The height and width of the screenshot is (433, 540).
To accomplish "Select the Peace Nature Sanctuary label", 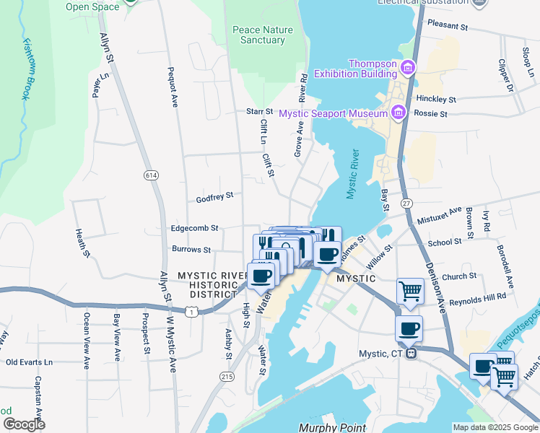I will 258,35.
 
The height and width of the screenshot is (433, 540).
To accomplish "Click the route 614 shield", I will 150,175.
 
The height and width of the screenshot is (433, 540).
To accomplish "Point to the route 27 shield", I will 406,204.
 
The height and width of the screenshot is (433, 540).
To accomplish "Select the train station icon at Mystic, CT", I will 410,354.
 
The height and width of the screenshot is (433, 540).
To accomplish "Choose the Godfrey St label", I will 214,196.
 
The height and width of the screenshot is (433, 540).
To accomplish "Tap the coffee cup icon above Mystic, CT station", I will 409,328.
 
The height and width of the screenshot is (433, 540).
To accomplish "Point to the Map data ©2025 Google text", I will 495,427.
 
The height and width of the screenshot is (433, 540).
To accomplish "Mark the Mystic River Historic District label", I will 208,284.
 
